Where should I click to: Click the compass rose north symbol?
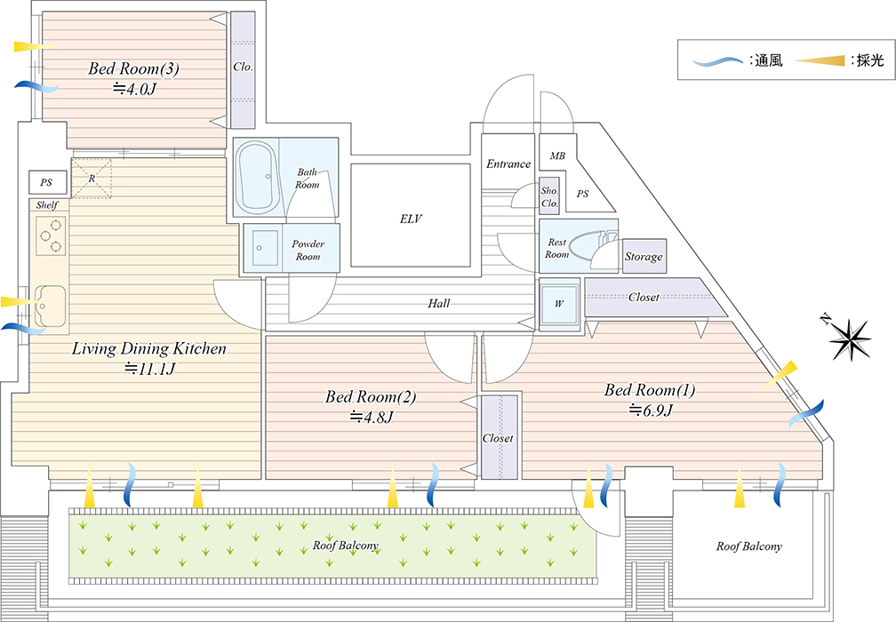click(849, 339)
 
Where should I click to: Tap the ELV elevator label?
click(411, 219)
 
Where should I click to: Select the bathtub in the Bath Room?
click(256, 177)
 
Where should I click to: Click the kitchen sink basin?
click(51, 307)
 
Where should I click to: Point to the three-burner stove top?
click(51, 235)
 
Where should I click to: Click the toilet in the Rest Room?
click(593, 246)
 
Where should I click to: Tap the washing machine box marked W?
click(559, 304)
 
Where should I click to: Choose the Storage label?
click(644, 257)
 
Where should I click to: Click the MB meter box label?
click(557, 155)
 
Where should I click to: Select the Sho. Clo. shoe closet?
click(549, 196)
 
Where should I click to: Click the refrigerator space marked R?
click(92, 179)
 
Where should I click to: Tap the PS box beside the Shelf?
click(48, 182)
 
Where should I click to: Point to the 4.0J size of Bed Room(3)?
click(134, 89)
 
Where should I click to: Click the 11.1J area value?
click(149, 369)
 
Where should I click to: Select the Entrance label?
click(508, 163)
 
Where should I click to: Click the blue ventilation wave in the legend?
click(717, 60)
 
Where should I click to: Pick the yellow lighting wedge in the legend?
click(820, 60)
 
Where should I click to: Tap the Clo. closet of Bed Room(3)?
click(243, 69)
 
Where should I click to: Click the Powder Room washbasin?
click(263, 248)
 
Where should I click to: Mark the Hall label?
click(439, 303)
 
